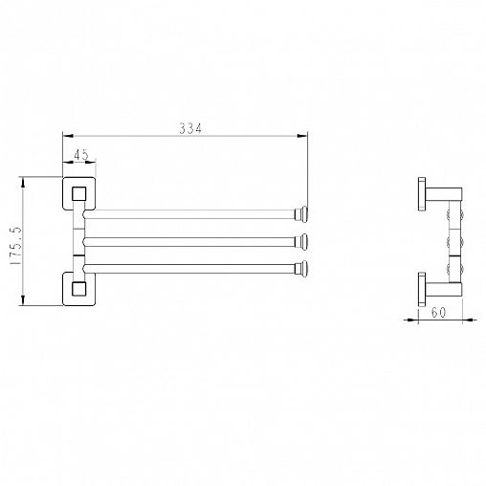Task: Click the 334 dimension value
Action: click(190, 128)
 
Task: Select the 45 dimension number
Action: click(81, 155)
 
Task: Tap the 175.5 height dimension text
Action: click(15, 246)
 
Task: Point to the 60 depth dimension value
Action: click(438, 313)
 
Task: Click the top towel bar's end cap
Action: click(301, 214)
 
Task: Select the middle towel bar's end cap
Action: click(301, 242)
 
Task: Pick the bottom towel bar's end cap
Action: click(301, 269)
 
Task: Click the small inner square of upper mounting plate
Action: click(78, 194)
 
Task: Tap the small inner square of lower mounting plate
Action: click(78, 289)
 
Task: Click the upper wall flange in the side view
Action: click(422, 194)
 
